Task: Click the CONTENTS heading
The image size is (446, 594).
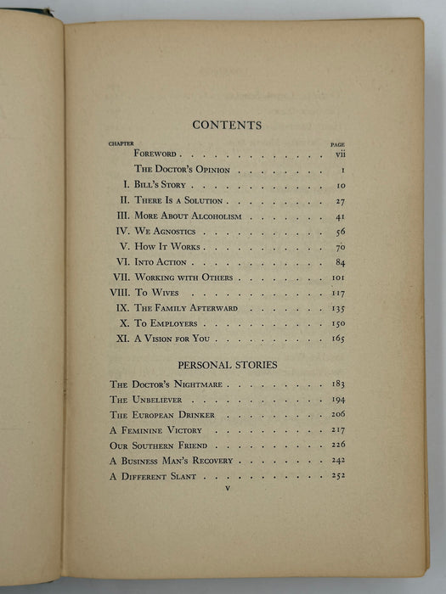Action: (227, 125)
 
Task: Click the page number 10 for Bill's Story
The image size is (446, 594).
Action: (339, 185)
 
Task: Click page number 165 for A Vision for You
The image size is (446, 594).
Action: (338, 339)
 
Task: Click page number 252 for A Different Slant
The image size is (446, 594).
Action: (338, 476)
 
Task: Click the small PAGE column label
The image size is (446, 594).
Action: (337, 143)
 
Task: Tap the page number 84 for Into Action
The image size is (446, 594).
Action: (339, 262)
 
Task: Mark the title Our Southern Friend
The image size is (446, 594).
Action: (159, 445)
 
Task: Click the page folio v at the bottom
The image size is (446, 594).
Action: (227, 490)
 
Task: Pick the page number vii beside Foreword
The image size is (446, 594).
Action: (338, 154)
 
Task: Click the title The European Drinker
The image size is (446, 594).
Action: (161, 415)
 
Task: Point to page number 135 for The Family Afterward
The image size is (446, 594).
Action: (338, 308)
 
